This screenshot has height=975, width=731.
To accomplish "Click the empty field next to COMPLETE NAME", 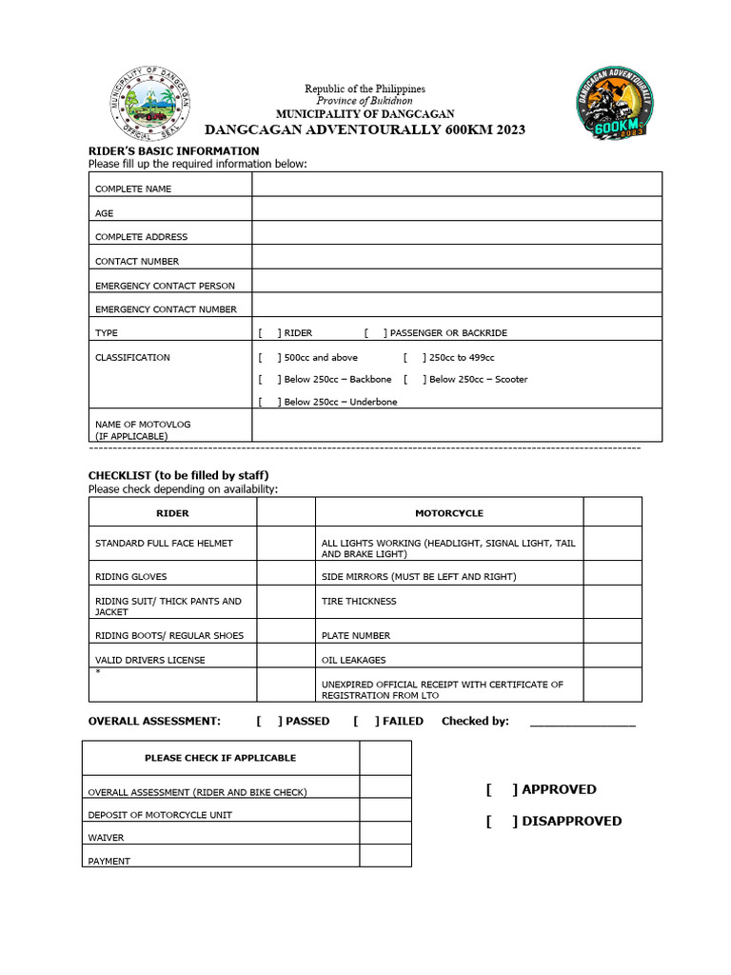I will (x=457, y=184).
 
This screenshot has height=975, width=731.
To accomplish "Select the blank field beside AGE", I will (x=457, y=209).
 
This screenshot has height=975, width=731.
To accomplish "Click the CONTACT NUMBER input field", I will (x=457, y=257).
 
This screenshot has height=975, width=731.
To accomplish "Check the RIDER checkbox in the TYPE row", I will (x=269, y=333).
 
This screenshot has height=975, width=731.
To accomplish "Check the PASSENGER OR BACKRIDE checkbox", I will (x=375, y=333).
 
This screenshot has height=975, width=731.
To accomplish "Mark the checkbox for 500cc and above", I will (x=269, y=358).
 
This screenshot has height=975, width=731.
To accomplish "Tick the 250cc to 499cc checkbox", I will (x=414, y=358).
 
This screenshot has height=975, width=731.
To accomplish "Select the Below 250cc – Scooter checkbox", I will (x=414, y=379).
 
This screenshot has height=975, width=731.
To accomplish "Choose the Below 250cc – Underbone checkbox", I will (x=269, y=402).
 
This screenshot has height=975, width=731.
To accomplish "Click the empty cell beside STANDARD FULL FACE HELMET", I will (x=286, y=544).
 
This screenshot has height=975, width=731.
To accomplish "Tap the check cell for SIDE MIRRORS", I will (x=612, y=577).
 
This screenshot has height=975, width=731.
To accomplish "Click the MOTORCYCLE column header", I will (x=449, y=513).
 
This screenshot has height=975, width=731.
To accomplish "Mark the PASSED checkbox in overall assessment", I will (x=269, y=722).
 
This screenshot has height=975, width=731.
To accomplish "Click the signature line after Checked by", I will (x=582, y=723).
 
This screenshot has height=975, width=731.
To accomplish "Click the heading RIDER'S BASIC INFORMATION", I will (x=173, y=150).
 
